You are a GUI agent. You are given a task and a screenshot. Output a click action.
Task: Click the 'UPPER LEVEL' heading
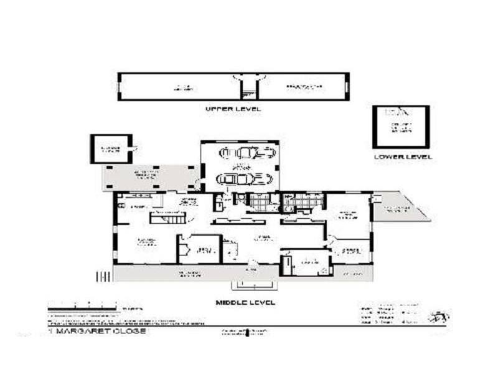point(233,108)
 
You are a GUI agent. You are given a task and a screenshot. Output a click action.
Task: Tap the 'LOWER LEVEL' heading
point(402,156)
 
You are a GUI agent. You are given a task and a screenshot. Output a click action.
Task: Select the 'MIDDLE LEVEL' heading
point(245,302)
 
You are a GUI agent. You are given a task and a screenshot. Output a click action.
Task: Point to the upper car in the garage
point(247,153)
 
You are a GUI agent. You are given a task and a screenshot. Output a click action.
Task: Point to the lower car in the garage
point(245,180)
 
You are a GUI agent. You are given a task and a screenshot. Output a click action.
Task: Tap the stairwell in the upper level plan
point(249,87)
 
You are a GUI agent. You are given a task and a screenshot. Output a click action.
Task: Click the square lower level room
point(401,127)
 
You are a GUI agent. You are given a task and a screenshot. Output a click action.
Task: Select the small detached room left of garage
point(111,149)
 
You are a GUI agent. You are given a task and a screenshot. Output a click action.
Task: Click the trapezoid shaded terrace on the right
point(399,209)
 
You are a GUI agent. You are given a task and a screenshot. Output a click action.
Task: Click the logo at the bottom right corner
point(441,317)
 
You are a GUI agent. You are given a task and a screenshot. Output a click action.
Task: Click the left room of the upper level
point(181,87)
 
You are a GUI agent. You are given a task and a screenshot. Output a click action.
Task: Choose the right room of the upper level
point(303,87)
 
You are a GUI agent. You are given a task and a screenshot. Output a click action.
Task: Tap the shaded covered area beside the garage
point(149,178)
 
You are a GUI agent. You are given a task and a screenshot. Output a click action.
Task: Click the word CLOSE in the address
point(129,331)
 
